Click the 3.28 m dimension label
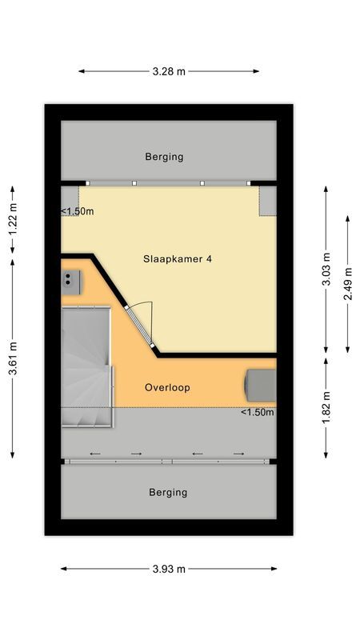point(169,71)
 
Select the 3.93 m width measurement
point(169,569)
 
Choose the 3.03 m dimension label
point(326,270)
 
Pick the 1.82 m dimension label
point(326,407)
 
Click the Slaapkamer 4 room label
point(177,259)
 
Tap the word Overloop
point(167,387)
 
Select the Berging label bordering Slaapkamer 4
point(164,157)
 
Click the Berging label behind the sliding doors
point(168,492)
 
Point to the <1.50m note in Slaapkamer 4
point(78,212)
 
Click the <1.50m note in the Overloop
point(258,413)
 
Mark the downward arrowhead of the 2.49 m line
point(347,349)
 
